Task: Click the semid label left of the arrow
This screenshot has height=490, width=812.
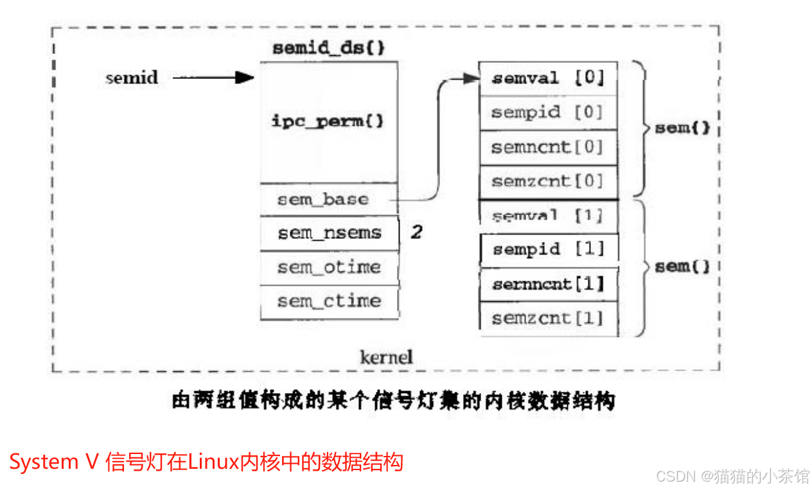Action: click(x=132, y=78)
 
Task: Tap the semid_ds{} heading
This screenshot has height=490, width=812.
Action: click(x=328, y=49)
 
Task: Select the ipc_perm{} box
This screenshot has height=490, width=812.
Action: click(x=328, y=121)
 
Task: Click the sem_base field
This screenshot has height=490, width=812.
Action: click(x=323, y=199)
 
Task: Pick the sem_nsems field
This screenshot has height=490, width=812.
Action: click(x=329, y=233)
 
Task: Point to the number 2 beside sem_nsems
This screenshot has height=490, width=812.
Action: click(x=417, y=232)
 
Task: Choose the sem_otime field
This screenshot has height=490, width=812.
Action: click(x=329, y=267)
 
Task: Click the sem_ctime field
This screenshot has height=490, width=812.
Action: click(x=329, y=301)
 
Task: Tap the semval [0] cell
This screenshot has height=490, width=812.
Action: click(x=548, y=78)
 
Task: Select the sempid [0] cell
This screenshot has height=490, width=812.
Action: click(x=548, y=113)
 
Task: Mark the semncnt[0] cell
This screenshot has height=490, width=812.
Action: click(x=548, y=148)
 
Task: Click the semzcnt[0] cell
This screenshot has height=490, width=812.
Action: click(x=548, y=182)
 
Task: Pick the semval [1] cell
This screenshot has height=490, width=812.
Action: click(x=548, y=216)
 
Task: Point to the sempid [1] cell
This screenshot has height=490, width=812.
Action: click(x=548, y=249)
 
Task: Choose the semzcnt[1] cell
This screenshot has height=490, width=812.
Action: click(x=548, y=318)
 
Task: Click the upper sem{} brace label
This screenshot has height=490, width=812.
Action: click(x=682, y=128)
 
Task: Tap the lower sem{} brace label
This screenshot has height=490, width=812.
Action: click(x=682, y=267)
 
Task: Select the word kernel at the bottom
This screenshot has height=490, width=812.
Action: click(x=385, y=356)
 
